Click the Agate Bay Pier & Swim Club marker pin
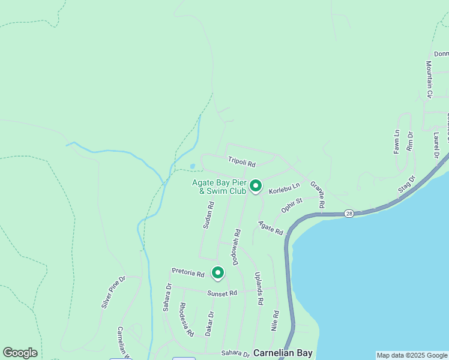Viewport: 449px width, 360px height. pos(256,187)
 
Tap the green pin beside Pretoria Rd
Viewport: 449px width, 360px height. pos(217,273)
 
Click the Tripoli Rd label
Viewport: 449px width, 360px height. pos(242,162)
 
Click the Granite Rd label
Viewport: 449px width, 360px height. pos(318,195)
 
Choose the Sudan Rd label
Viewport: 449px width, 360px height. pos(208,215)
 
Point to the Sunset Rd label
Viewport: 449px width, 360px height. pos(222,293)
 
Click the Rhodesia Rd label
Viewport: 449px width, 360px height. pos(187,319)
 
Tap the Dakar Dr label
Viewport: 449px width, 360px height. pos(209,323)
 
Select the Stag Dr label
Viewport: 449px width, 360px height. pos(406,186)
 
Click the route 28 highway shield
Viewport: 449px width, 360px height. pos(349,214)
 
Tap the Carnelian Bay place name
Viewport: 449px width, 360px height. pos(283,353)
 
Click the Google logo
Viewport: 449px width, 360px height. pos(20,353)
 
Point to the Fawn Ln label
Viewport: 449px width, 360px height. pos(397,142)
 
